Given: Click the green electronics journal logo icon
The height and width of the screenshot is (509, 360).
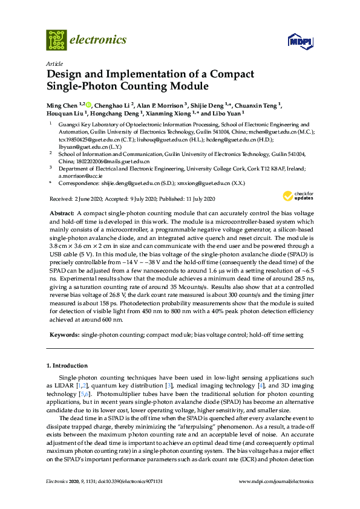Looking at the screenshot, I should (57, 40).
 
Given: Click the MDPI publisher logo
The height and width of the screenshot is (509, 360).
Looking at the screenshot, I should (300, 41).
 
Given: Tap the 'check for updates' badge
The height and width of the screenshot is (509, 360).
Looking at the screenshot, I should (298, 196).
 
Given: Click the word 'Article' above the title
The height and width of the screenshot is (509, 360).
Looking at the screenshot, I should (54, 63).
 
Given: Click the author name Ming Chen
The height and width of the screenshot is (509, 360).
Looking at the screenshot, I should (61, 105).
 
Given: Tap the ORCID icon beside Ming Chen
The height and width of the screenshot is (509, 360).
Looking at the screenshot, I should (89, 105).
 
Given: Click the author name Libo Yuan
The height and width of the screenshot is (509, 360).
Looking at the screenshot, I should (229, 112).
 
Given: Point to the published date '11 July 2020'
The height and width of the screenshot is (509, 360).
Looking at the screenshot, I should (198, 199).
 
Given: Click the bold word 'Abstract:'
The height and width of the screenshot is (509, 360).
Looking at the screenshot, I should (61, 214).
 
